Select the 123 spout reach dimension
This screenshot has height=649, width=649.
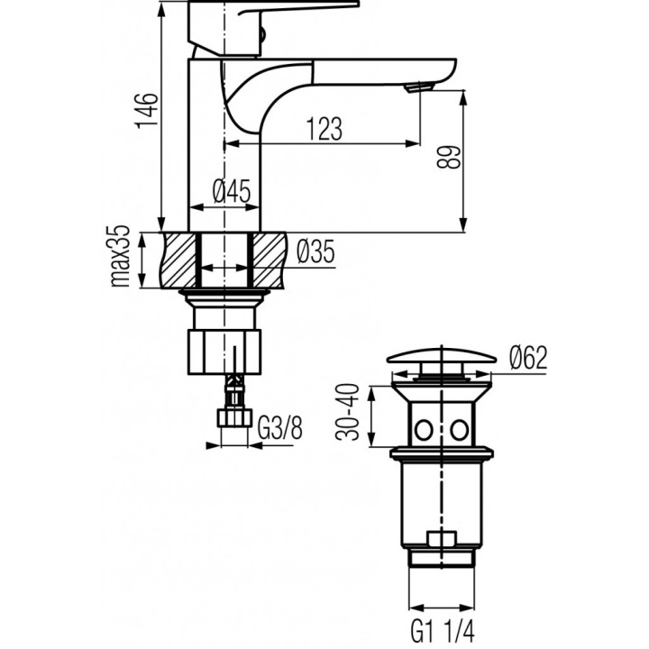(x=323, y=129)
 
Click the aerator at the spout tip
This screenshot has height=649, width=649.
(x=418, y=87)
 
